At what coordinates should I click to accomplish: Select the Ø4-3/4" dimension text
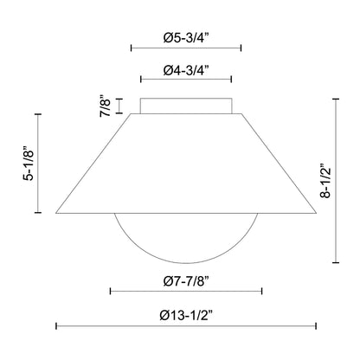point(185,68)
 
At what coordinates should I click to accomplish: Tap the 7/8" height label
point(105,106)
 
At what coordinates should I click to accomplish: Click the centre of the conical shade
point(185,164)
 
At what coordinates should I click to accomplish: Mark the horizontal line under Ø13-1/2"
point(185,325)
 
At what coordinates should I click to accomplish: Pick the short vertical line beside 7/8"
point(119,106)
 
